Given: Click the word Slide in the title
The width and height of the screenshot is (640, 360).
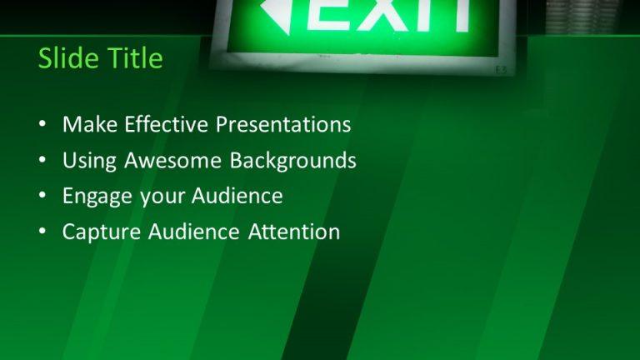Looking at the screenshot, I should [x=67, y=58].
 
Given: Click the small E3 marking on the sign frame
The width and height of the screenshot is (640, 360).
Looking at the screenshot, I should [x=500, y=69].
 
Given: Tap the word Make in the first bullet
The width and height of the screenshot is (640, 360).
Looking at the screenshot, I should [x=90, y=125].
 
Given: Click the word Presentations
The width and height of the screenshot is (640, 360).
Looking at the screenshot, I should [x=283, y=125].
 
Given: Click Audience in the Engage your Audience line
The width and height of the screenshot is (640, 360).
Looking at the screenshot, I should [x=237, y=196].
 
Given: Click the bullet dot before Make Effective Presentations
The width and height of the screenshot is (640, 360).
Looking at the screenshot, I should [x=42, y=126].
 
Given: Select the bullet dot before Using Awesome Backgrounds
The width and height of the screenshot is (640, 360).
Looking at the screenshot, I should [x=42, y=161].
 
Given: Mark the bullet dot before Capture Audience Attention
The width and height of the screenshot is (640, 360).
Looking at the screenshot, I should [x=42, y=232].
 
